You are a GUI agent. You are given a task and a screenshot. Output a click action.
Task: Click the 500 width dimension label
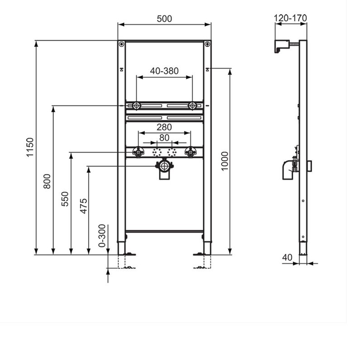click(164, 19)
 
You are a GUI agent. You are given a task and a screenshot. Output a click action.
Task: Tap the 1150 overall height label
click(30, 148)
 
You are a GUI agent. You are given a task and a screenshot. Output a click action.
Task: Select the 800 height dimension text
click(47, 181)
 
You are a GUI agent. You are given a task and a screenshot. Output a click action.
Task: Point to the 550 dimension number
click(65, 199)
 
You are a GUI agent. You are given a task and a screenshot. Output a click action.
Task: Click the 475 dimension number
click(83, 206)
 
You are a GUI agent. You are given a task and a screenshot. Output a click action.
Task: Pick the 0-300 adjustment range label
click(102, 235)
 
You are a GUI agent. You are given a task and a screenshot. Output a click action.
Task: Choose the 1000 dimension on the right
click(224, 161)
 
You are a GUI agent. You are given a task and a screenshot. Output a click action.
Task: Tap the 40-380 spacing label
click(164, 71)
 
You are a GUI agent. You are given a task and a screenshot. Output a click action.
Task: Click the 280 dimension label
click(164, 127)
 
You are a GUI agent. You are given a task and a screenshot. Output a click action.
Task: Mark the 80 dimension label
click(164, 138)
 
